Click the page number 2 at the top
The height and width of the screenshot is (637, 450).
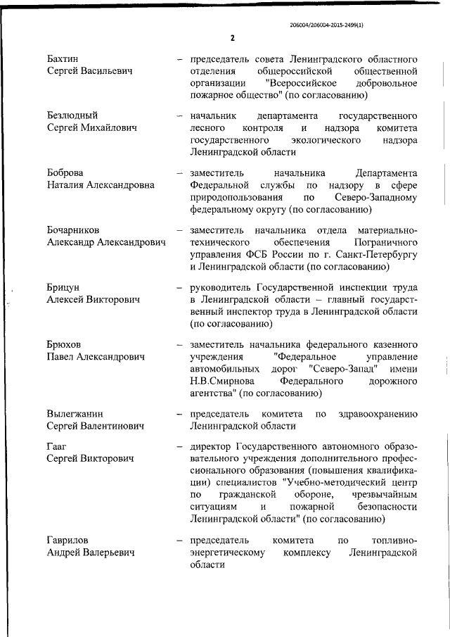pos(231,38)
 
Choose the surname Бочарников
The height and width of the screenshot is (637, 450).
pos(73,230)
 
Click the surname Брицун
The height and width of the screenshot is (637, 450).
pos(64,288)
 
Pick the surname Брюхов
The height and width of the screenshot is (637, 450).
pos(65,345)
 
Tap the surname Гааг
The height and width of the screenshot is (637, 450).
pos(58,446)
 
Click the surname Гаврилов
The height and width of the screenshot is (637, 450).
pos(67,541)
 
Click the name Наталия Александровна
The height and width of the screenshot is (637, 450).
pos(101,186)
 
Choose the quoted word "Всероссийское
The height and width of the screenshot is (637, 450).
pos(313,82)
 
